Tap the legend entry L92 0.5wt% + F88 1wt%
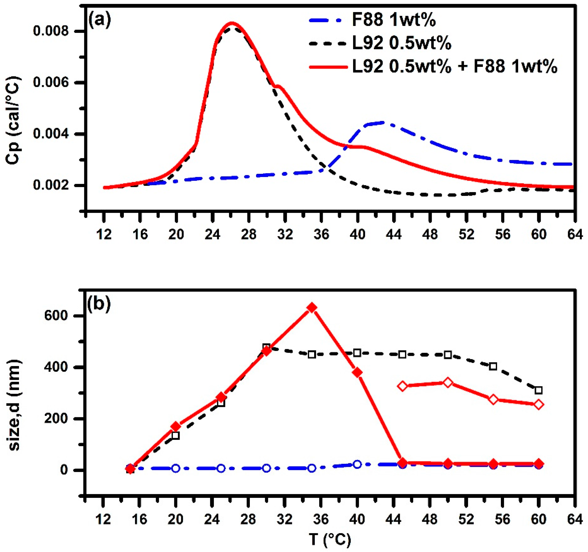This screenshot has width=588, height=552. [455, 67]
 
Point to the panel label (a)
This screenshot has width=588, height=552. [99, 21]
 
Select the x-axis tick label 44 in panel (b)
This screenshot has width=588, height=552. [394, 519]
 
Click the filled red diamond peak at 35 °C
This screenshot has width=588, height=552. [312, 308]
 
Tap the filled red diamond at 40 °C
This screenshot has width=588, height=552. [357, 373]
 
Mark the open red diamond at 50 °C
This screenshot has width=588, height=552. [448, 383]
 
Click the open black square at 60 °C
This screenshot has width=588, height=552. [539, 390]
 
